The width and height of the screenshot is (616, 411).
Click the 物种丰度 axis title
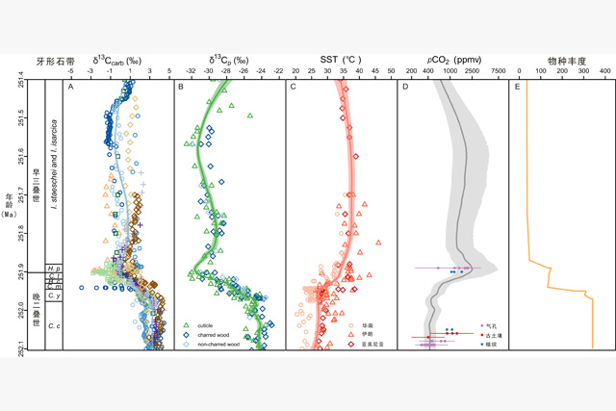[x=561, y=60]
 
